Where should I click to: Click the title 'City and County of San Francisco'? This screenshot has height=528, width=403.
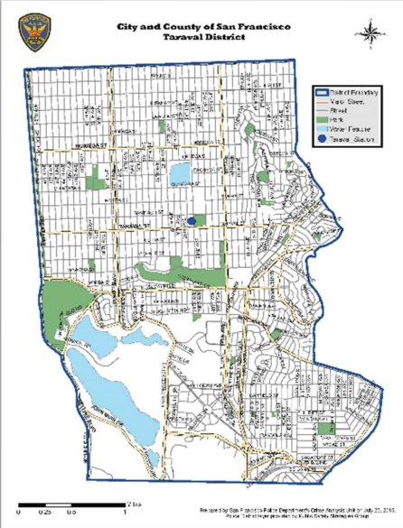point(201,28)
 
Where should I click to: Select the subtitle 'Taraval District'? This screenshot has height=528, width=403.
point(201,40)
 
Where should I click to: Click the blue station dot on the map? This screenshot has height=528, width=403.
point(192,219)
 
